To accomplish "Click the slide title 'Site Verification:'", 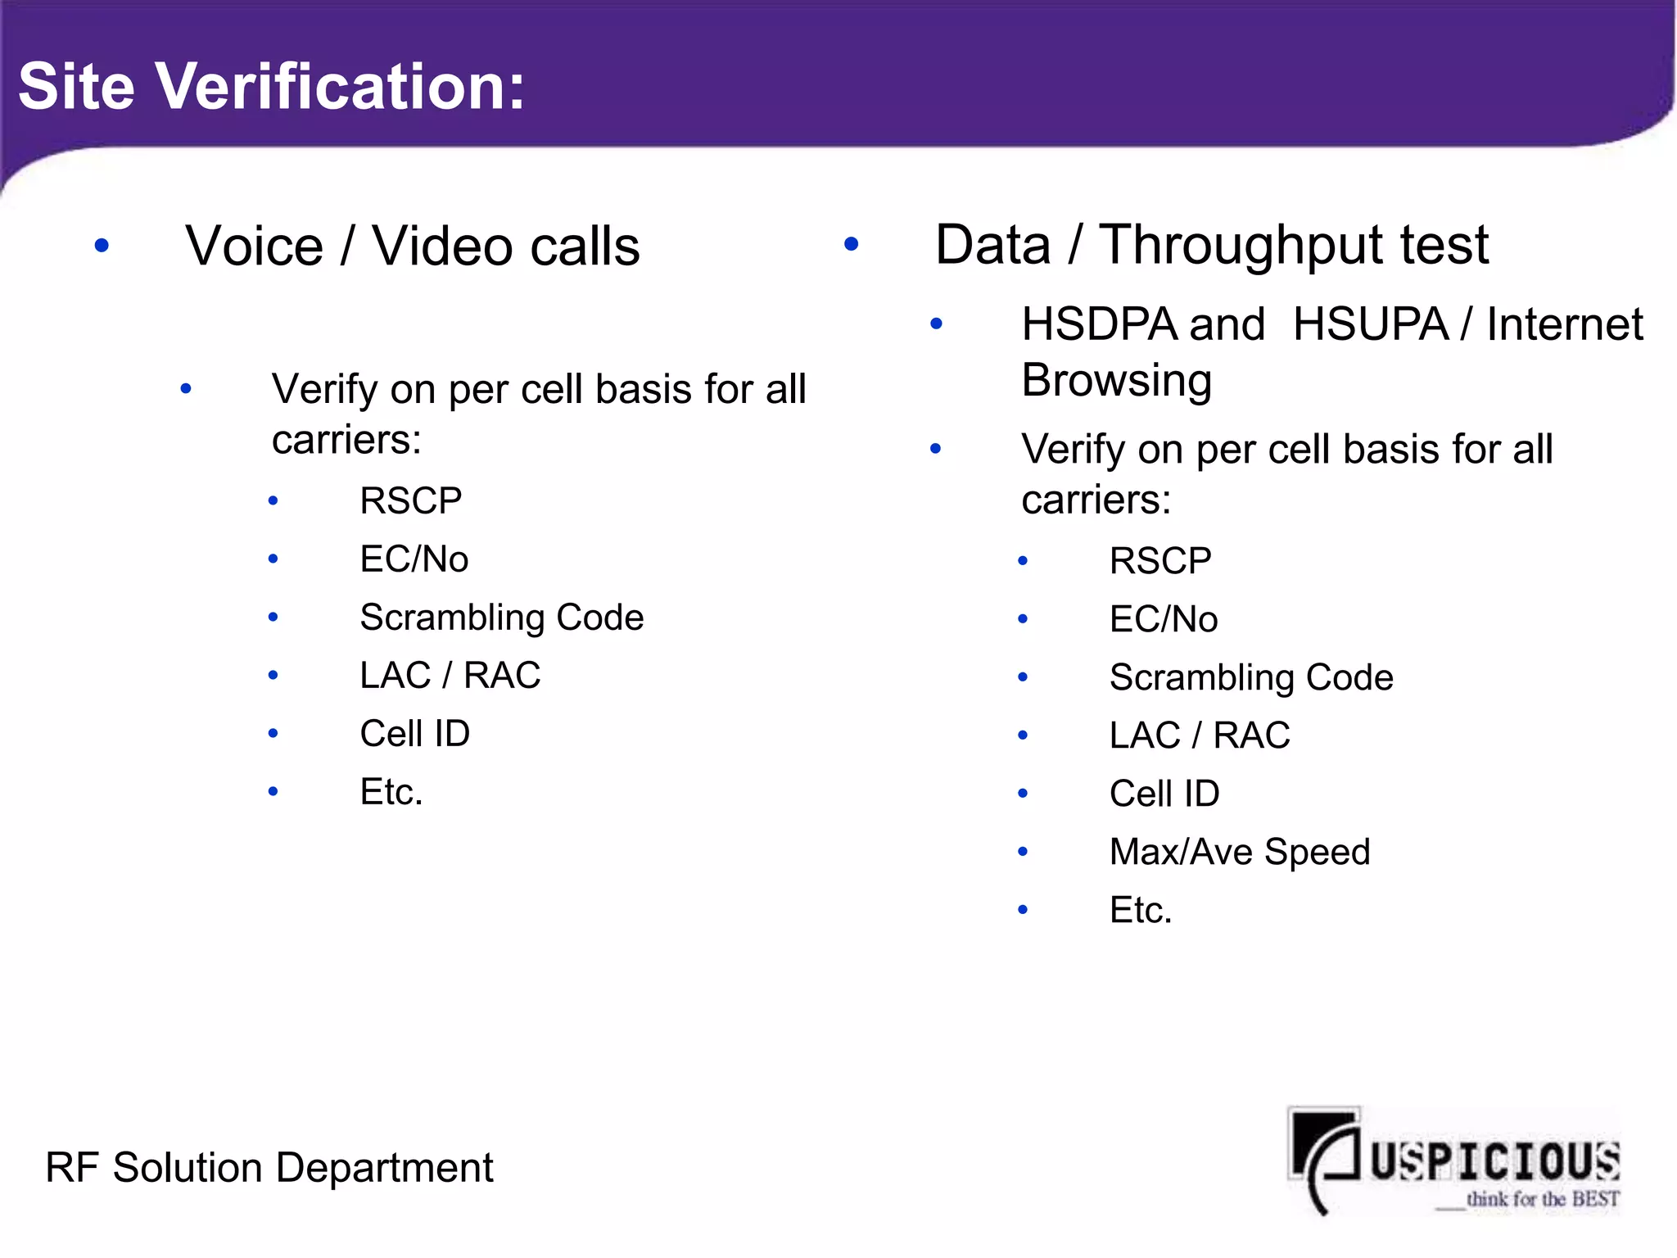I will pyautogui.click(x=271, y=86).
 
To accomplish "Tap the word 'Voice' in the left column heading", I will pyautogui.click(x=255, y=246).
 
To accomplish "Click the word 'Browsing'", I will pyautogui.click(x=1116, y=380).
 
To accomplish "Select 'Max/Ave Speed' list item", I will pyautogui.click(x=1239, y=852).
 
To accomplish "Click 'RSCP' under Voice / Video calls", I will pyautogui.click(x=411, y=500).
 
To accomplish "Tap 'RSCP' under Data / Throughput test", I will pyautogui.click(x=1160, y=561).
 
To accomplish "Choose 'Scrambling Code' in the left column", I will pyautogui.click(x=501, y=618).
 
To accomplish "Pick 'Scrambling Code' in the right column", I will pyautogui.click(x=1250, y=677).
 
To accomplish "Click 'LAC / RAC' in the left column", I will pyautogui.click(x=450, y=676).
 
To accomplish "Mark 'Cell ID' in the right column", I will pyautogui.click(x=1164, y=794).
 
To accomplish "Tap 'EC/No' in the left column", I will pyautogui.click(x=414, y=559).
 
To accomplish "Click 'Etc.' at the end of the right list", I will pyautogui.click(x=1140, y=910).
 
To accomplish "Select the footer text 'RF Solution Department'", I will pyautogui.click(x=269, y=1167).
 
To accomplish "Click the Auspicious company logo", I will pyautogui.click(x=1453, y=1159).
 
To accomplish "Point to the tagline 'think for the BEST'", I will pyautogui.click(x=1542, y=1199).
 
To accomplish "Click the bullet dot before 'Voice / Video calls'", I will pyautogui.click(x=102, y=245).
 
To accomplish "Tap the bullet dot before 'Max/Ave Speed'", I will pyautogui.click(x=1023, y=852).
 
